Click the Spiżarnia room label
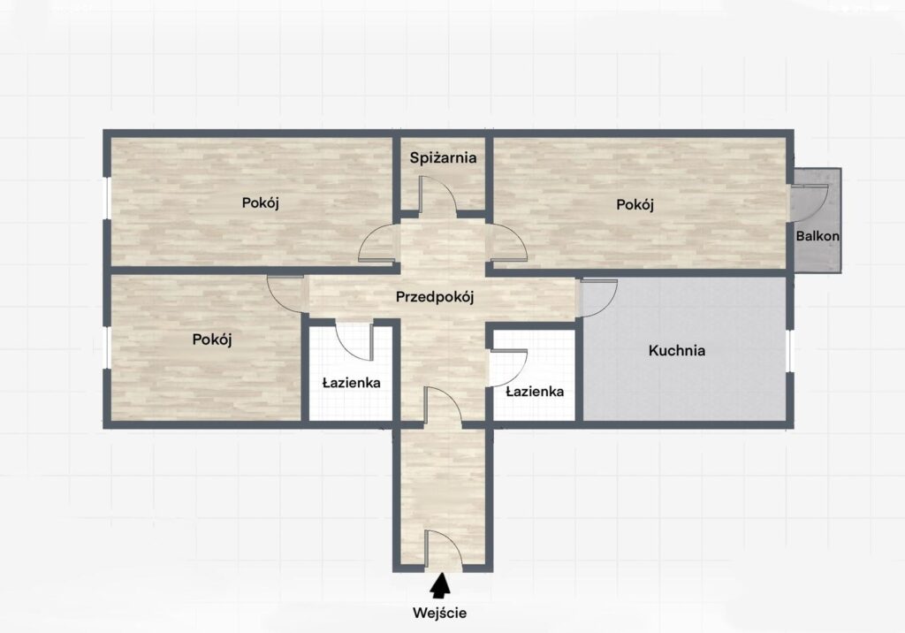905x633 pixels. (x=444, y=157)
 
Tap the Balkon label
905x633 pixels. (x=818, y=236)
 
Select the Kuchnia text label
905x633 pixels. (x=676, y=350)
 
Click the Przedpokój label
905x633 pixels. (x=435, y=297)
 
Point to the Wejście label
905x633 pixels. (x=439, y=614)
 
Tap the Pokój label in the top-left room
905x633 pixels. (x=261, y=203)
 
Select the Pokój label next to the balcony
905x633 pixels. (x=635, y=204)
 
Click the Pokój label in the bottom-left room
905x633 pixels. (x=212, y=339)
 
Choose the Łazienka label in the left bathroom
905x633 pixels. (x=351, y=382)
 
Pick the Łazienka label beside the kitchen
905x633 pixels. (x=535, y=392)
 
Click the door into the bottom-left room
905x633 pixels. (x=285, y=295)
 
